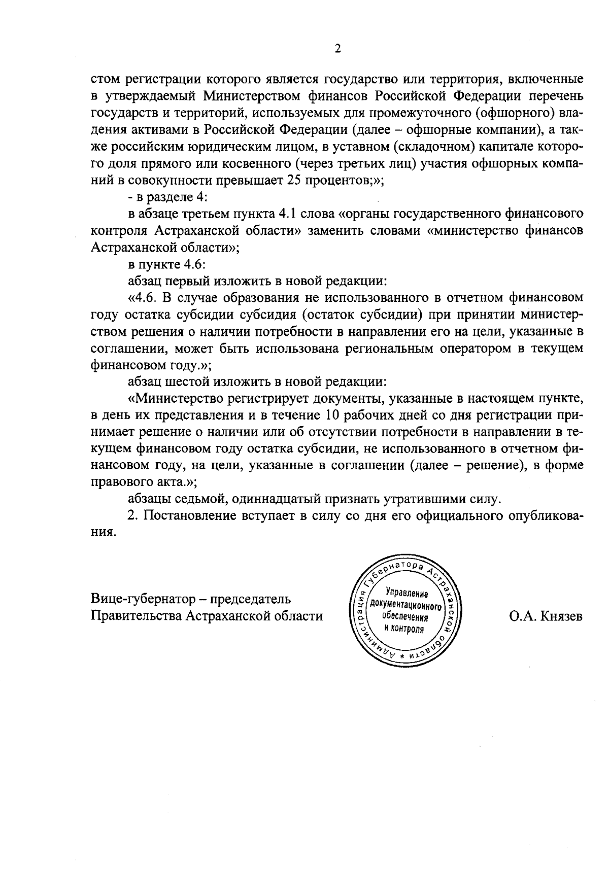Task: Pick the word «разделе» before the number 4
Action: pyautogui.click(x=166, y=197)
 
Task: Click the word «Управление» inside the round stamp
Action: pyautogui.click(x=407, y=593)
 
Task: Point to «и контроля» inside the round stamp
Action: pyautogui.click(x=404, y=628)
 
